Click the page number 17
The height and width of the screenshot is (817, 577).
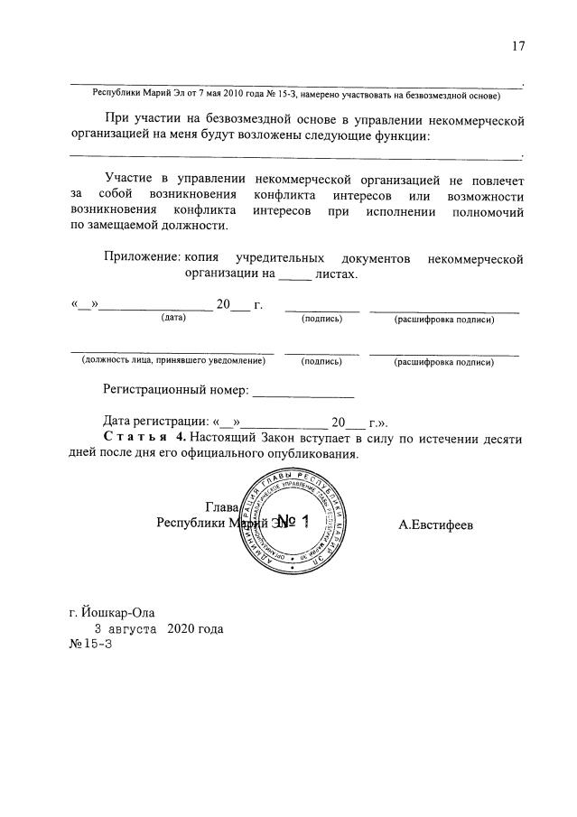coord(517,47)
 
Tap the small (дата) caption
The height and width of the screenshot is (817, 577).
coord(173,319)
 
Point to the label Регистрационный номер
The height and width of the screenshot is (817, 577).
coord(175,391)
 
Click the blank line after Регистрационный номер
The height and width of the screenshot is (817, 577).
coord(303,393)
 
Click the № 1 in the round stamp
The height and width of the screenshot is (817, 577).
coord(293,522)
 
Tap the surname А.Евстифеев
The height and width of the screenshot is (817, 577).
coord(436,524)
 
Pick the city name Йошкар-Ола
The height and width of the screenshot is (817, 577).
coord(112,610)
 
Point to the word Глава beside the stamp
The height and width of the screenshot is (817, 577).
coord(220,506)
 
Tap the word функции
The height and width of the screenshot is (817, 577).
coord(398,135)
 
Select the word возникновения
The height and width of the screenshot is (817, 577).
coord(194,194)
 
